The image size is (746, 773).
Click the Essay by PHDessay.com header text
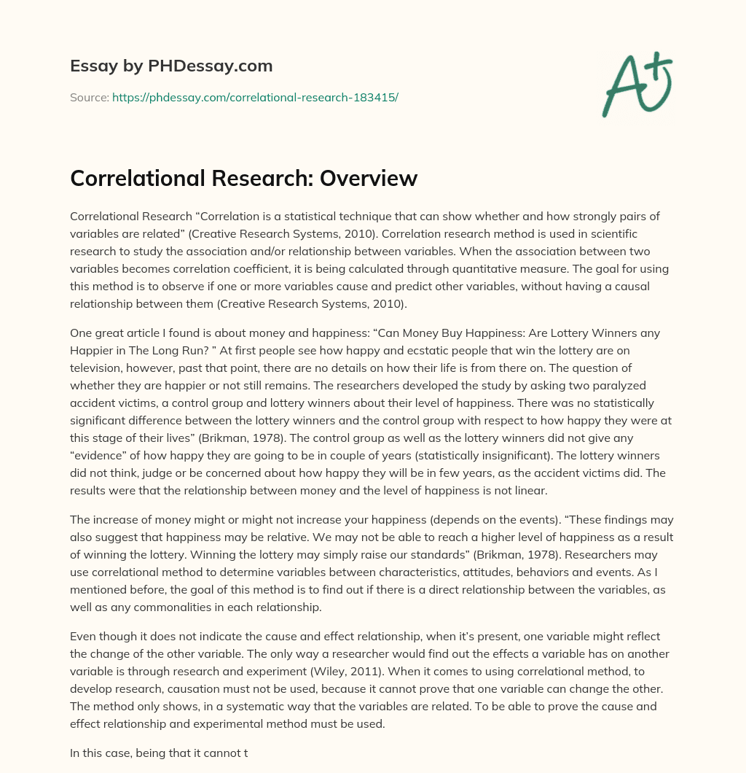[x=171, y=66]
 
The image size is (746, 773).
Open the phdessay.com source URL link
[x=255, y=97]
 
